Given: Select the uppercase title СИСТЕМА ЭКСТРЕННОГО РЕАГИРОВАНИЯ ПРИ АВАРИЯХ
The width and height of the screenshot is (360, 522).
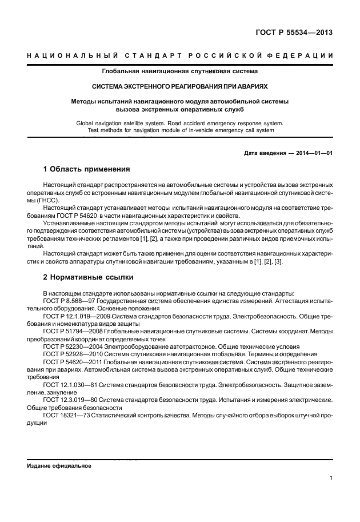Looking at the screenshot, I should coord(180,87).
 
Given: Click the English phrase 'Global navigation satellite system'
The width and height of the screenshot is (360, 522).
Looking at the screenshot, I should coord(117,123).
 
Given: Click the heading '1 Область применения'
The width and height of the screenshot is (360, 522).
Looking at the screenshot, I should coord(87,170).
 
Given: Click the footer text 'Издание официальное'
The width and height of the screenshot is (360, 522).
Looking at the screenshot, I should coord(59,465).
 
